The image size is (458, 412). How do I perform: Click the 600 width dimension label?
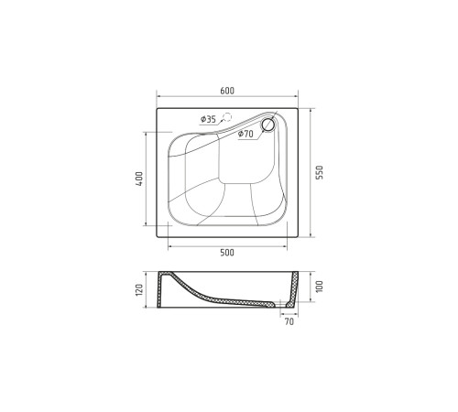227,91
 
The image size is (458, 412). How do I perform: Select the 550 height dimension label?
319,172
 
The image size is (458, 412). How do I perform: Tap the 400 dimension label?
139,179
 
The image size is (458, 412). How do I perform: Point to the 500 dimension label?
227,253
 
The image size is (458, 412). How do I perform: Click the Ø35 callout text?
208,119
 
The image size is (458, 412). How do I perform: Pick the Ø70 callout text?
245,134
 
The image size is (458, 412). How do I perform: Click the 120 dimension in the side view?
139,289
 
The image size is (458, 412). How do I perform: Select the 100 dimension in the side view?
319,287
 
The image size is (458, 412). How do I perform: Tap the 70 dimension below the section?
289,321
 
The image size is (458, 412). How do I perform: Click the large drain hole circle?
268,125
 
